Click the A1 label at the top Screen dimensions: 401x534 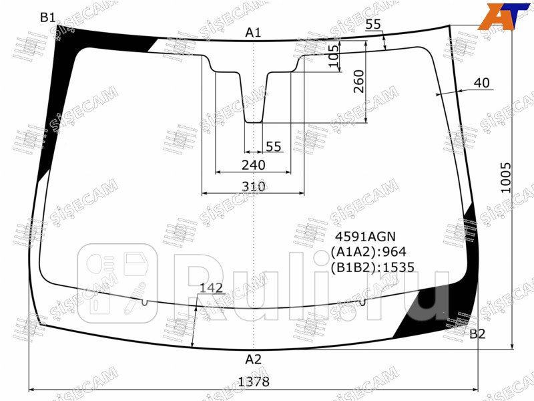click(x=253, y=32)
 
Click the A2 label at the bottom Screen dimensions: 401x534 click(x=253, y=359)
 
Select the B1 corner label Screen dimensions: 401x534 click(x=47, y=18)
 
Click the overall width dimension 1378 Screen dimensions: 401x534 click(x=254, y=382)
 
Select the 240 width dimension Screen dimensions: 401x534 click(x=254, y=165)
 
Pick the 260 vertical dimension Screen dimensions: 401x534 click(x=358, y=82)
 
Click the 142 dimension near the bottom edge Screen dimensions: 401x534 click(x=212, y=289)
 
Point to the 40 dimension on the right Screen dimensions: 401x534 click(x=481, y=84)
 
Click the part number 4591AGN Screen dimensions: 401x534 click(x=365, y=237)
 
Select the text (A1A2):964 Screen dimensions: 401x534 click(x=368, y=252)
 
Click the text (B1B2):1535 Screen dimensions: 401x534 click(x=372, y=267)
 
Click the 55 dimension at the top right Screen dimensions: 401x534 click(x=374, y=25)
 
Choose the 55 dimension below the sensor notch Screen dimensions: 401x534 click(x=274, y=146)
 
